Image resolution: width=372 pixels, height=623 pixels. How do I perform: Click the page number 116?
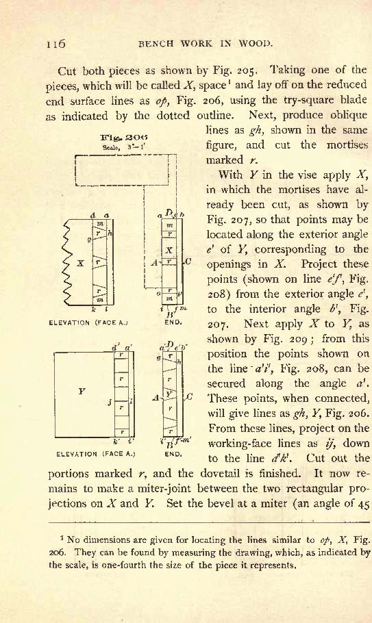55,43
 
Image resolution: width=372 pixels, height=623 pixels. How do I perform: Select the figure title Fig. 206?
124,138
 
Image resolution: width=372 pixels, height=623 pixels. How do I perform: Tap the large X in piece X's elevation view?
80,263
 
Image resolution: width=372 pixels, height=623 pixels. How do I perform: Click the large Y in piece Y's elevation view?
82,392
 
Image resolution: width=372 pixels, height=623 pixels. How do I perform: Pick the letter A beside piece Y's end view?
156,397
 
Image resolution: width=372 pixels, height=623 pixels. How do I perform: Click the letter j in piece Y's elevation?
110,403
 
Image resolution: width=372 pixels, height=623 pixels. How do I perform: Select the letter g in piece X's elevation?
90,239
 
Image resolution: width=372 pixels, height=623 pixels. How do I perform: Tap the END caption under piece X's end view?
173,322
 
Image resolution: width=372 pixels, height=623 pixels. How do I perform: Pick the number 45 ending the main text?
364,503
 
